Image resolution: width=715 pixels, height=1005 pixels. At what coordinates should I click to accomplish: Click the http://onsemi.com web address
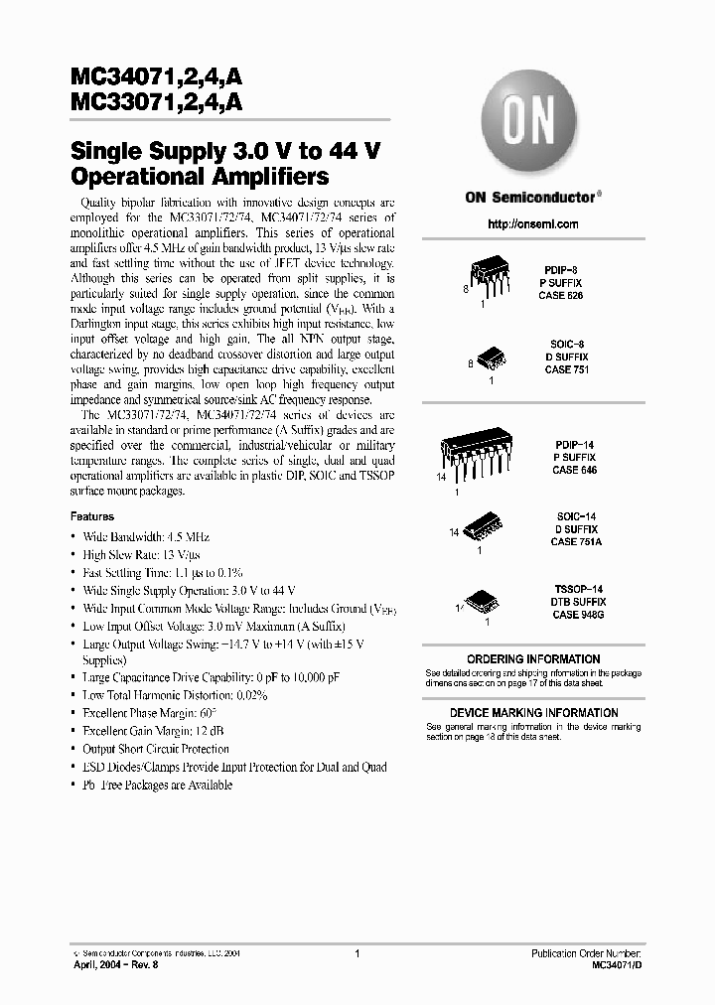click(x=533, y=224)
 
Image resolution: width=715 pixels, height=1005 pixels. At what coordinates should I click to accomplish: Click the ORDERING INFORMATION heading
click(x=533, y=659)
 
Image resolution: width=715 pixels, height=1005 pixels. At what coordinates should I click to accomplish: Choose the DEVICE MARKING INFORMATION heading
click(x=533, y=713)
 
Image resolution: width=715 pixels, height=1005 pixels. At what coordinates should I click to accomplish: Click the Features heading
click(x=91, y=516)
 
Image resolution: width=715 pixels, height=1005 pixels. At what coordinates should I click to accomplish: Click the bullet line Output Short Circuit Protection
click(x=155, y=749)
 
